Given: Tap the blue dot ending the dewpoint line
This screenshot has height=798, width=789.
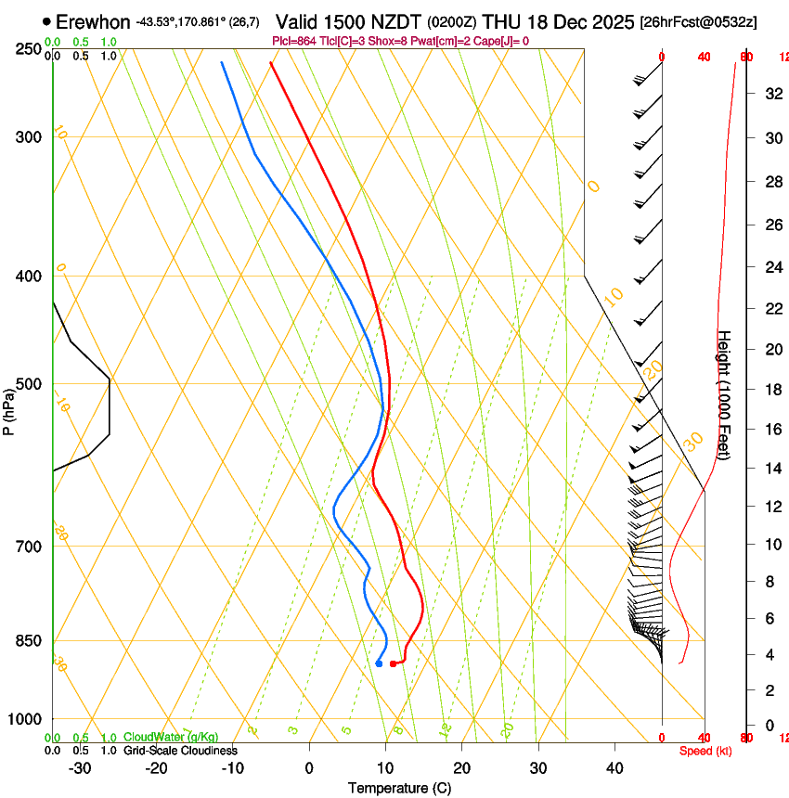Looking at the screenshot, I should [379, 663].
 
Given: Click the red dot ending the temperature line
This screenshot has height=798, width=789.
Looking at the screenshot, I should [394, 663].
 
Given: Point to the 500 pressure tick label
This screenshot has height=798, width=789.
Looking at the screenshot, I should [29, 384].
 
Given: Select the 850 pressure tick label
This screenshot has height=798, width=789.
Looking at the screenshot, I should [29, 640].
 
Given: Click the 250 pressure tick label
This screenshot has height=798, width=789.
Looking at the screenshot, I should [29, 48].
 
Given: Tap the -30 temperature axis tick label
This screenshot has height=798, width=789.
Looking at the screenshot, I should [80, 768].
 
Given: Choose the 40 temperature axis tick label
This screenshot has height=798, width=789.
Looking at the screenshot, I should [614, 768].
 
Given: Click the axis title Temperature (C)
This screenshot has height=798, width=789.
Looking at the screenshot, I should [399, 788].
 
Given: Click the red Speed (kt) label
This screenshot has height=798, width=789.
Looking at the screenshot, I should [705, 751].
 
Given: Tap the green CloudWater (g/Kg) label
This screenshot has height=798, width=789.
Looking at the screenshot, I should [171, 737].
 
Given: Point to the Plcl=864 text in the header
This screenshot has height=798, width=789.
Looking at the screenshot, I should [298, 41].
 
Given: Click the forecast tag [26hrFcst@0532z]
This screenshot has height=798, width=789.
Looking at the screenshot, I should [698, 21].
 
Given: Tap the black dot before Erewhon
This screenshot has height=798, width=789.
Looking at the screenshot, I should [46, 20].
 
